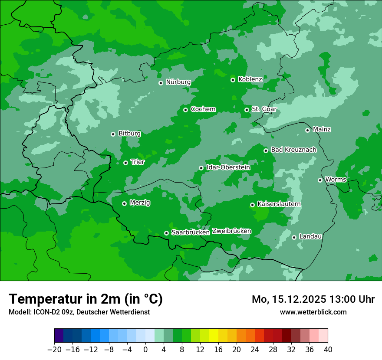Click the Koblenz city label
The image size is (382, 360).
[250, 79]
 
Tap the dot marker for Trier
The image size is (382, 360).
[125, 163]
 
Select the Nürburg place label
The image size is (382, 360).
[178, 82]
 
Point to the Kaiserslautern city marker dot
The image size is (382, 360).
[252, 205]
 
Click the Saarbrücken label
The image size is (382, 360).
[191, 232]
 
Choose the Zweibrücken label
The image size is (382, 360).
[231, 231]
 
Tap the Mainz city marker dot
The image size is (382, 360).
[307, 130]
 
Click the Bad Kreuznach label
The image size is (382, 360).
[293, 150]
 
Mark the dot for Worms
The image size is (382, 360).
[320, 180]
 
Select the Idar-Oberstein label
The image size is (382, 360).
[228, 167]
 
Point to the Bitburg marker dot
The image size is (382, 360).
[113, 134]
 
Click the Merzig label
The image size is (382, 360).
[140, 203]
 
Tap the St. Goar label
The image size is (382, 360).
[264, 109]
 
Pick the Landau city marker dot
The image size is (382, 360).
[294, 237]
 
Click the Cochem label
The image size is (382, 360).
[203, 109]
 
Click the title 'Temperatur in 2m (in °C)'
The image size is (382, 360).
[86, 299]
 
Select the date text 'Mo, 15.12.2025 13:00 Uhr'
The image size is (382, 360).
[313, 299]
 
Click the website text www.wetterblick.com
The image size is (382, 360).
[313, 312]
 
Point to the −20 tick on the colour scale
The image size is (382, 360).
[54, 350]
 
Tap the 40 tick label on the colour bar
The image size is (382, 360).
[328, 350]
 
